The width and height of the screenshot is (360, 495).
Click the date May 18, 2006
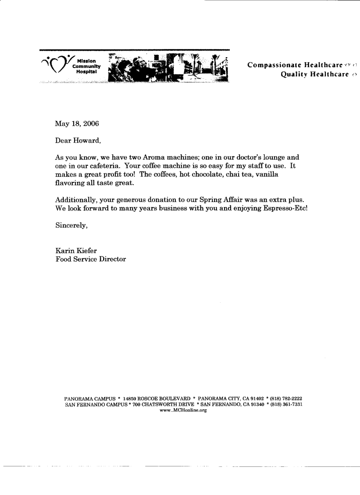coord(77,124)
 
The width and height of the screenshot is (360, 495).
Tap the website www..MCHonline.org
coord(183,410)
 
